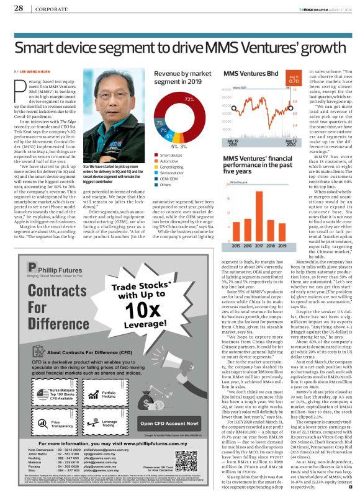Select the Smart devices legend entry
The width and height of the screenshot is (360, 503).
tap(168, 155)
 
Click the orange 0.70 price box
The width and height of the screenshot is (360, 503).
tap(294, 80)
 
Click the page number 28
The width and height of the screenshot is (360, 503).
tap(18, 9)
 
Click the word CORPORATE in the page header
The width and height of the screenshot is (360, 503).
tap(48, 9)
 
